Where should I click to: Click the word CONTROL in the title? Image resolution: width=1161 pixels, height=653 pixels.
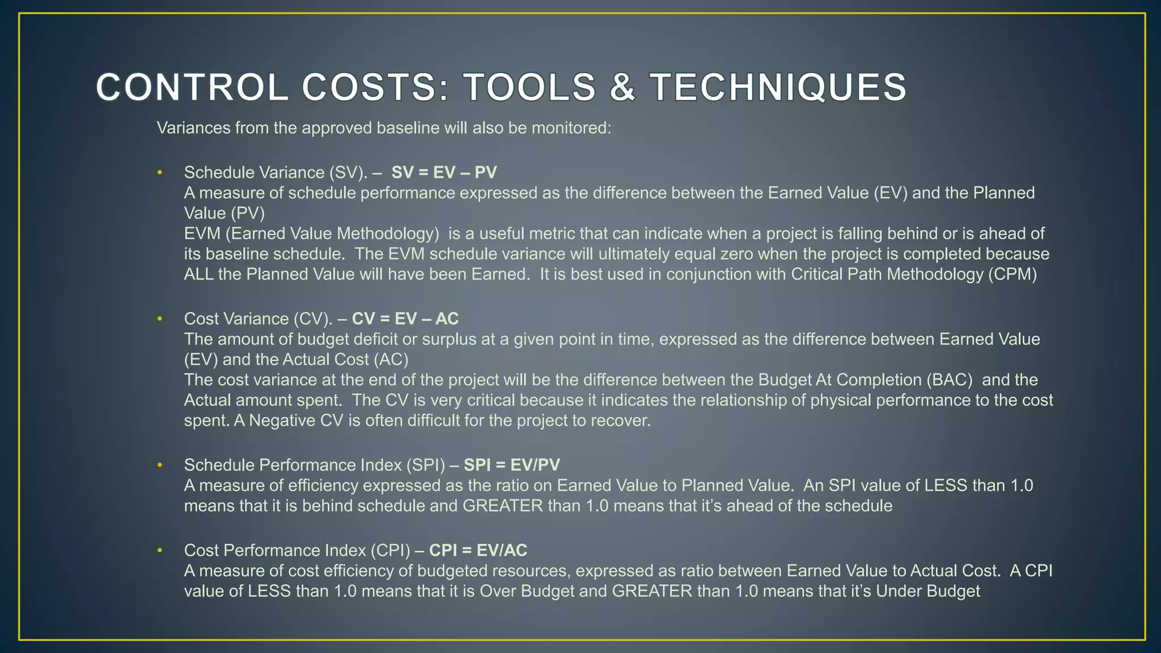pos(192,88)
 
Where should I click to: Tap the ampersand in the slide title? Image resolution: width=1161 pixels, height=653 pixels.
pos(622,88)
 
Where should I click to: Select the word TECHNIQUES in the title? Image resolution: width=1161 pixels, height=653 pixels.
pos(778,88)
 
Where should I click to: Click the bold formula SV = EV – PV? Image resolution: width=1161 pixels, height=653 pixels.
pos(444,172)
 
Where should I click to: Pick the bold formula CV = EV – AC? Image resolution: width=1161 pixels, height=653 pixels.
pos(405,319)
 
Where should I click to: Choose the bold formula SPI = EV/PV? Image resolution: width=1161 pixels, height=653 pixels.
pos(511,465)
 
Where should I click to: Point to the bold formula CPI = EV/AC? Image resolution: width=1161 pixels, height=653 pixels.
pos(478,550)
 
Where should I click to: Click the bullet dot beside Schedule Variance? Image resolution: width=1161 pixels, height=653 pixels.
pos(160,172)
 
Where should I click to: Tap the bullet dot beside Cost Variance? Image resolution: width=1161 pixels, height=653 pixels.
pos(160,319)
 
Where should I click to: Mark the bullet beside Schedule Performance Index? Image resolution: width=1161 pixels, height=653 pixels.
pos(160,465)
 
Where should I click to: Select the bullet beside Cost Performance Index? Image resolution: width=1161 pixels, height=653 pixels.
pos(160,550)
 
